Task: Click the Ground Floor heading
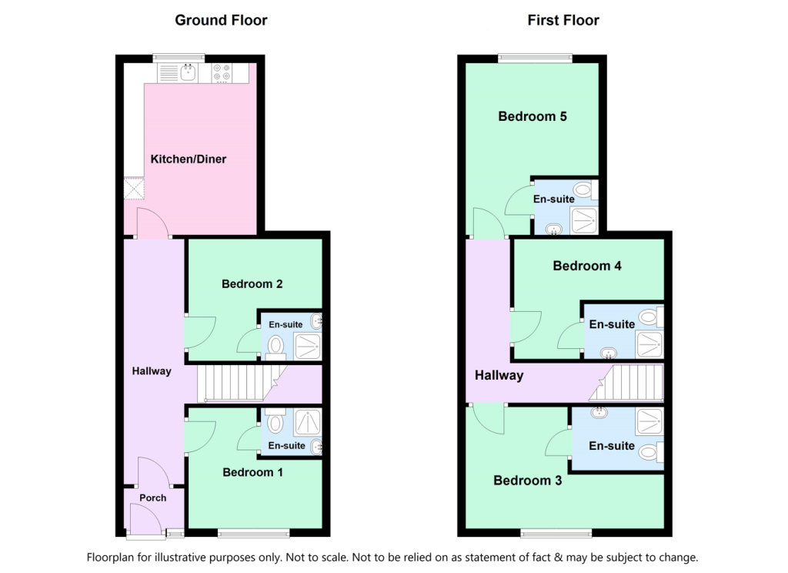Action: (x=221, y=20)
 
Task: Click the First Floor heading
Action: (x=563, y=20)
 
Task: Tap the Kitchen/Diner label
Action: (x=189, y=159)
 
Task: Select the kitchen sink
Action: (x=187, y=73)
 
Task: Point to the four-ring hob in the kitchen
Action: (x=222, y=73)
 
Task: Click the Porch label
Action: (x=153, y=498)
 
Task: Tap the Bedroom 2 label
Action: (x=252, y=284)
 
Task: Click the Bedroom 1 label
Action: (x=252, y=472)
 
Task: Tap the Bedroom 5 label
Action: (x=533, y=117)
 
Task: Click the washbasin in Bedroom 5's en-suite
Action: (x=553, y=228)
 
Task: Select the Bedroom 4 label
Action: (x=587, y=266)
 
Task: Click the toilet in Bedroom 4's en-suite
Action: (x=648, y=316)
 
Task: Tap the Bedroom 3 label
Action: (x=527, y=481)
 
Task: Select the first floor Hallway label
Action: (x=499, y=376)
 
